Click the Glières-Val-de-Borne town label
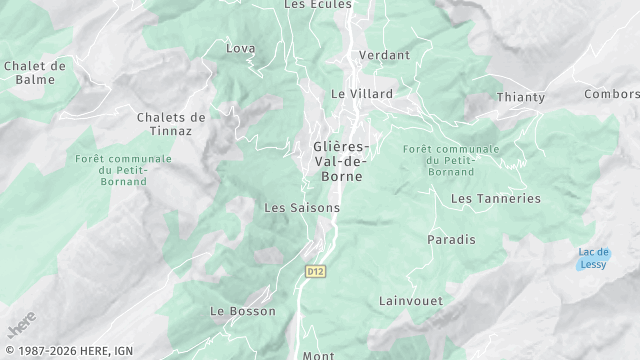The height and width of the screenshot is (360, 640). point(338,160)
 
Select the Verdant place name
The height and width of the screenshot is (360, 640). point(384,55)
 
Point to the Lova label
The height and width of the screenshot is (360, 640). point(241,48)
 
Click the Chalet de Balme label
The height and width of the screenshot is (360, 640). point(35,72)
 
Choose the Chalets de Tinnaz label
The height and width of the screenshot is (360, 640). point(171,123)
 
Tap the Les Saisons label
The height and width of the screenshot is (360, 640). point(301,208)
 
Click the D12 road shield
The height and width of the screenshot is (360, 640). point(315,270)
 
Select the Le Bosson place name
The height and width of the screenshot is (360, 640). point(243,311)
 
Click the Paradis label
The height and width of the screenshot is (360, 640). point(451,240)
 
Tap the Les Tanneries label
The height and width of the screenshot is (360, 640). point(495,199)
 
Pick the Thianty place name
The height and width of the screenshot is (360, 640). point(521,97)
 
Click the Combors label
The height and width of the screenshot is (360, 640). point(612,94)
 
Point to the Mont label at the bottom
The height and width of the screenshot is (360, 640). point(318,354)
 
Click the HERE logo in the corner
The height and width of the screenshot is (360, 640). point(20,328)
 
